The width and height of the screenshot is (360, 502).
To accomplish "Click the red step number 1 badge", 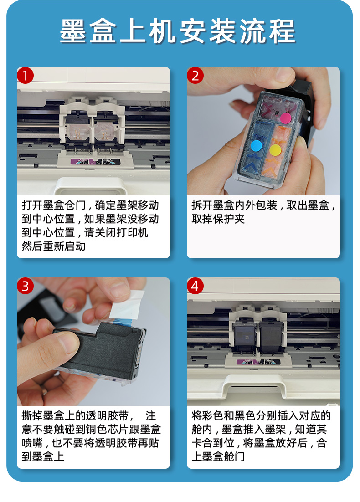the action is (x=26, y=76).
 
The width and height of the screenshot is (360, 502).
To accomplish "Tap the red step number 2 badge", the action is (x=195, y=76).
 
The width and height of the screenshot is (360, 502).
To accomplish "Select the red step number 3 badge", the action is (x=26, y=286).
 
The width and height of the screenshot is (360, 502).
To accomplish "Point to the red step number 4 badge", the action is (x=195, y=286).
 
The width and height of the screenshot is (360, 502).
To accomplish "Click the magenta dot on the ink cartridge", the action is (x=286, y=118).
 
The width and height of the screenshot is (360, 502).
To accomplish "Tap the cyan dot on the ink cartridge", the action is (x=256, y=146).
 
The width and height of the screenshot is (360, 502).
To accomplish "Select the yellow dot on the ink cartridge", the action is (x=275, y=150).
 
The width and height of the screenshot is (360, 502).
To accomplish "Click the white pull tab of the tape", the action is (x=127, y=305).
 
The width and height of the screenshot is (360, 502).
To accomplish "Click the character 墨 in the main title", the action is (x=73, y=31).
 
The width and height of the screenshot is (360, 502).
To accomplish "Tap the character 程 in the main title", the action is (x=282, y=31).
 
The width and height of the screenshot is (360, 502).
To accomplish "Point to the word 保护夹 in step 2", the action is (x=229, y=219).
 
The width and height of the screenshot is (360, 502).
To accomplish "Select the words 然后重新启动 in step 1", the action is (x=53, y=246).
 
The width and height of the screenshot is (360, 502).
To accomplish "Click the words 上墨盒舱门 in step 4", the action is (x=218, y=456).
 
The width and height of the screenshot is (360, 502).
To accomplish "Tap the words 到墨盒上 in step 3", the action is (x=43, y=456).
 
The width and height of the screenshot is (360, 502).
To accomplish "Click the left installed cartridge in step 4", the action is (x=245, y=337).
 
